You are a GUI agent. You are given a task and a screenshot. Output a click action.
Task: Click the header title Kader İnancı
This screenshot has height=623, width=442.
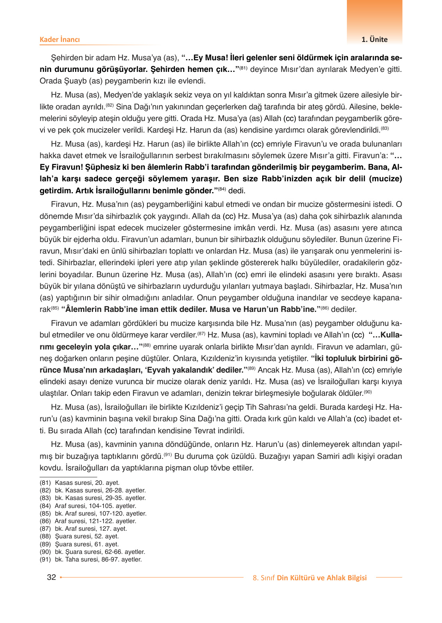pos(60,40)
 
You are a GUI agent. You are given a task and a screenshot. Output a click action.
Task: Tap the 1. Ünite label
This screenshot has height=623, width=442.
pos(374,40)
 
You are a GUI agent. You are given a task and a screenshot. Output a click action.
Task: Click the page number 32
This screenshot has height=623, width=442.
pos(52,577)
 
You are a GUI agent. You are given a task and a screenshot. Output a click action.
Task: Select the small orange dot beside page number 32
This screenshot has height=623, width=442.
pos(61,577)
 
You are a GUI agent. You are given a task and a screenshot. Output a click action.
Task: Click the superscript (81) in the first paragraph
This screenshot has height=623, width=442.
pos(243,67)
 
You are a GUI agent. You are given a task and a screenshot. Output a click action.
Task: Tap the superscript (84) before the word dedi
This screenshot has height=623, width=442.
pos(222,189)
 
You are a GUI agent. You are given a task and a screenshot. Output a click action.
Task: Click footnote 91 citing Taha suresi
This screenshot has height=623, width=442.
pos(91,560)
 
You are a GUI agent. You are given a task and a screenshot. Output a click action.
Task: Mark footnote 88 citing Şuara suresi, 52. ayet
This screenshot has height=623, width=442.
pos(79,536)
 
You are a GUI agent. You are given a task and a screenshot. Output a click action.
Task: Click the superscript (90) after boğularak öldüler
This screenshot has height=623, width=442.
pos(367,392)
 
